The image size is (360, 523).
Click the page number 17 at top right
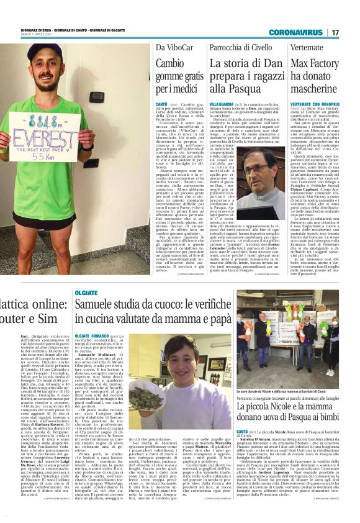tap(335, 32)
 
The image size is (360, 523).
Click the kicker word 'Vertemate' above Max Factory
tap(307, 47)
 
